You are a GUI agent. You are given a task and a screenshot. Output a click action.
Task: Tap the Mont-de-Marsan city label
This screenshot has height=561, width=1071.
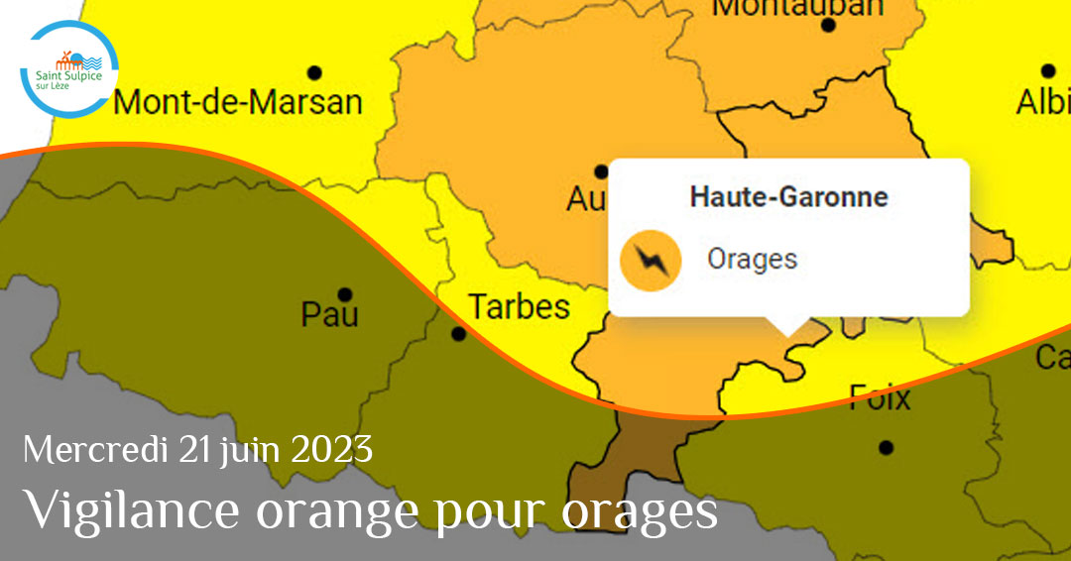pos(238,102)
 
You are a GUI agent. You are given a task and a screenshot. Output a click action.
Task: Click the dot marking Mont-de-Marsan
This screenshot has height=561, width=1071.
pos(315,72)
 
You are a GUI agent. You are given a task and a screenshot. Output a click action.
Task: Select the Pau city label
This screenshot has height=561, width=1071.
pos(330,315)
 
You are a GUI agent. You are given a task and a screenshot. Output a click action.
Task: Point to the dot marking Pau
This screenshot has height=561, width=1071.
pos(345,294)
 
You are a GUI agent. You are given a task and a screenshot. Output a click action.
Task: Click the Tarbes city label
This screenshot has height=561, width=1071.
pos(519,307)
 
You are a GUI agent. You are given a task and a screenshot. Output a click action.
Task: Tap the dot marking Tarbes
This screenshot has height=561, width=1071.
pos(458,334)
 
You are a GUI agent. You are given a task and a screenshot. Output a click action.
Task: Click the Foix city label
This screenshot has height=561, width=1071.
pos(880,398)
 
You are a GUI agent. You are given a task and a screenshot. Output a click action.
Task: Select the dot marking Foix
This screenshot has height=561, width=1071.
pos(886,447)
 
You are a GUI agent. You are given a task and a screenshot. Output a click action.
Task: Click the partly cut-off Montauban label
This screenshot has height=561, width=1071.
pos(797,8)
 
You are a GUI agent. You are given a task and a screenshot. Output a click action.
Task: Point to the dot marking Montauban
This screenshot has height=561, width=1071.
pos(828,25)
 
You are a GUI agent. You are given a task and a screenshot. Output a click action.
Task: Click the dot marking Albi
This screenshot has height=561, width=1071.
pos(1048,70)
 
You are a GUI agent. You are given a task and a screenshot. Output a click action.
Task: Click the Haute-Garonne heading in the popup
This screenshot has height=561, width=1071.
pos(788,196)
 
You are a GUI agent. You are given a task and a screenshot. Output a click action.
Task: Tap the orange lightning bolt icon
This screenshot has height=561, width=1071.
pos(651,261)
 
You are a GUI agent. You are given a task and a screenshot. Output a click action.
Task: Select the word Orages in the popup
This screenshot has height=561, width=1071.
pos(752,260)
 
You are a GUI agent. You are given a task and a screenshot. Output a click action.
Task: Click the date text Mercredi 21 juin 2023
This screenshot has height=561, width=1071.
pos(198,451)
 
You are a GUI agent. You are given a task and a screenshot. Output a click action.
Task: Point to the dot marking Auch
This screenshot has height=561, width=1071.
pos(601,171)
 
